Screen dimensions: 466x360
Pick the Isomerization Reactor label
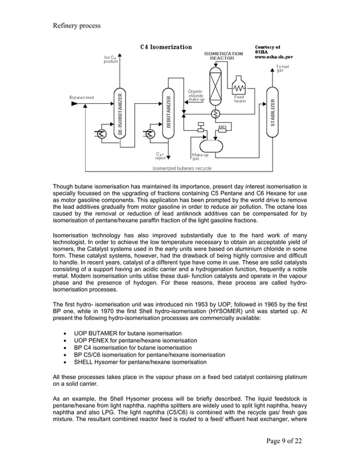(x=223, y=55)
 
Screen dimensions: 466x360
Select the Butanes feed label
(x=82, y=97)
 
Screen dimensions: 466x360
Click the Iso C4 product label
(x=111, y=59)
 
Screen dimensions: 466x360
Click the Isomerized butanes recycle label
(x=182, y=168)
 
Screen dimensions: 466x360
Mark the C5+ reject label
(x=161, y=156)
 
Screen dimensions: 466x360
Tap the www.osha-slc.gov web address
(x=274, y=57)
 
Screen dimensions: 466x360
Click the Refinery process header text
(x=77, y=25)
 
